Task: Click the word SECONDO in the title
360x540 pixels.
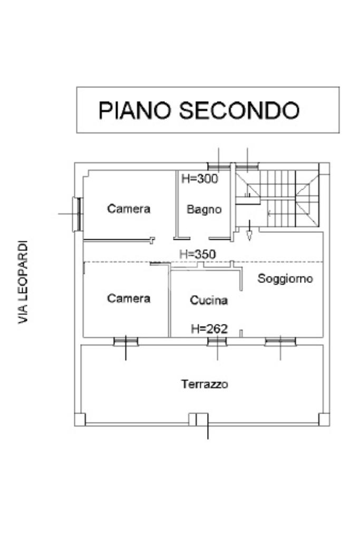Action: click(239, 111)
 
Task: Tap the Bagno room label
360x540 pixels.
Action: click(204, 209)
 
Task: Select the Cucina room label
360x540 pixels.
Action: click(209, 300)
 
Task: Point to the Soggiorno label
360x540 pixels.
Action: click(285, 278)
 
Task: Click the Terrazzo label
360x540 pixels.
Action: click(205, 384)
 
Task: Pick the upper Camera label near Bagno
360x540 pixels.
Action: click(129, 209)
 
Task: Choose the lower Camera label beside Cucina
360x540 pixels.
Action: click(129, 298)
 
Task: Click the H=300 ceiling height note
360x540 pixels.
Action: click(199, 179)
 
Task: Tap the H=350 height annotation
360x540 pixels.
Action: click(197, 254)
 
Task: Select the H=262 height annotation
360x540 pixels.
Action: click(209, 329)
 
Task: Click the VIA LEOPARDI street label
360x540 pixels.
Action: click(23, 282)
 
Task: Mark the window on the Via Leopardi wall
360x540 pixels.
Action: click(77, 213)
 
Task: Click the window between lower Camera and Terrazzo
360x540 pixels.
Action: click(126, 341)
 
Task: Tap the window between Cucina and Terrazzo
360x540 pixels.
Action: click(217, 341)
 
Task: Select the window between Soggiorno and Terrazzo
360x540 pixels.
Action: click(280, 341)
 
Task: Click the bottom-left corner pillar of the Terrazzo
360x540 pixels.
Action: click(80, 419)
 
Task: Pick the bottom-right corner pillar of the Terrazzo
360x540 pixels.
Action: click(324, 419)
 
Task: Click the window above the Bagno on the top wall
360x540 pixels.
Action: click(219, 166)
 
